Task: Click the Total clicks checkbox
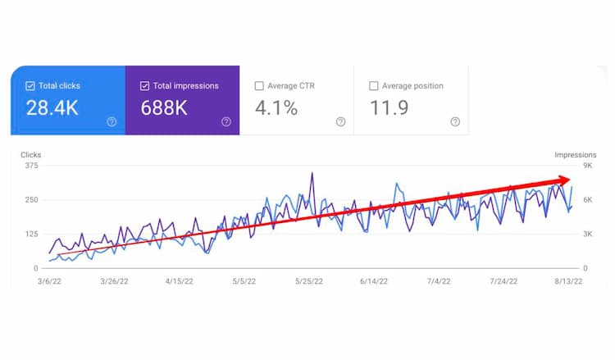click(30, 85)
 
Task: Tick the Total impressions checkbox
click(145, 85)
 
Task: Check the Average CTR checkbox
click(260, 85)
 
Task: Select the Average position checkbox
click(375, 85)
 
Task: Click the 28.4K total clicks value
click(52, 107)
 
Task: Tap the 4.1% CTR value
click(276, 107)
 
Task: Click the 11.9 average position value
click(389, 107)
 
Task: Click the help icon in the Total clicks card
click(112, 122)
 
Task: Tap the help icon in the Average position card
click(455, 122)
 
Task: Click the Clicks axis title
click(31, 155)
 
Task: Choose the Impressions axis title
click(575, 155)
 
